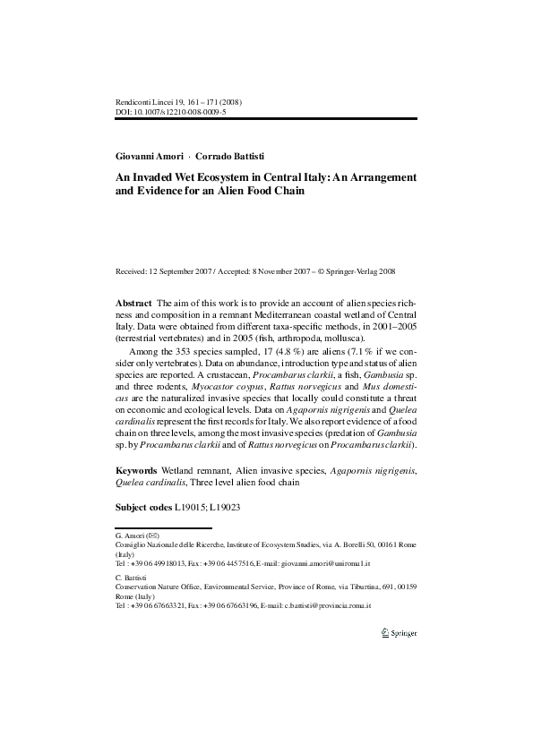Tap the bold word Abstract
point(133,304)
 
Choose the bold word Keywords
point(137,469)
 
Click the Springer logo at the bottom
point(399,633)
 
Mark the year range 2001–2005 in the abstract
point(397,329)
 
